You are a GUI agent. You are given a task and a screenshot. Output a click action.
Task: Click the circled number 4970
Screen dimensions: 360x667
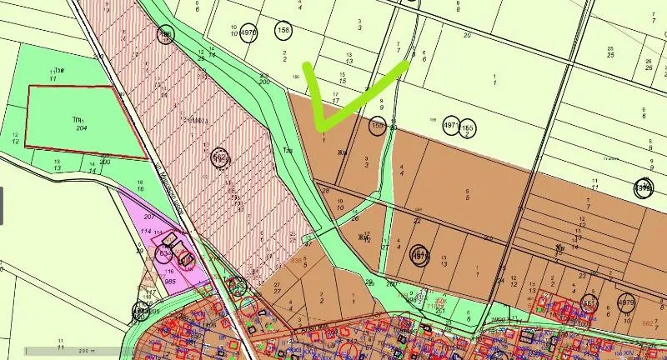pyautogui.click(x=248, y=33)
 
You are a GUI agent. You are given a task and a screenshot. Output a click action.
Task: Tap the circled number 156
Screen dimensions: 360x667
pyautogui.click(x=283, y=32)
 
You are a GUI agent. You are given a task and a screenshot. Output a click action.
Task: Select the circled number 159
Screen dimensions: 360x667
pyautogui.click(x=379, y=126)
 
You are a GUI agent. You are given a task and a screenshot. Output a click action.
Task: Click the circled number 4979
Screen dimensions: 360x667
pyautogui.click(x=627, y=302)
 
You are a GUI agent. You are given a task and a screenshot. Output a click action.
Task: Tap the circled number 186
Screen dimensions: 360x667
pyautogui.click(x=166, y=33)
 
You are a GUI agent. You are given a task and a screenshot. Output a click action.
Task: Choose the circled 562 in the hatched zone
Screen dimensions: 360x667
pyautogui.click(x=220, y=157)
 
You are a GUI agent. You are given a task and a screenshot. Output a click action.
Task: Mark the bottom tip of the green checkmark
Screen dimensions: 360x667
pyautogui.click(x=323, y=130)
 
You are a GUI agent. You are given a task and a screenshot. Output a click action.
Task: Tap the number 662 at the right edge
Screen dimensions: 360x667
pyautogui.click(x=647, y=322)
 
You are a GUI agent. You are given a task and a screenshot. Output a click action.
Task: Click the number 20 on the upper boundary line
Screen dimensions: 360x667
pyautogui.click(x=467, y=36)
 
